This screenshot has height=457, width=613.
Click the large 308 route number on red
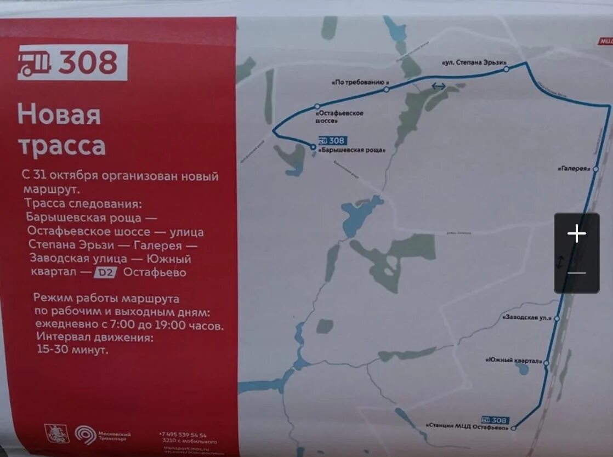(x=88, y=62)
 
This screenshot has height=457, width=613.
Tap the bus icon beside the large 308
(x=35, y=62)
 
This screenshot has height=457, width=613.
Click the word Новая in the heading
(x=59, y=115)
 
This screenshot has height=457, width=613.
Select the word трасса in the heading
(x=61, y=146)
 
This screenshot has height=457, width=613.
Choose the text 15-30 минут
(x=72, y=350)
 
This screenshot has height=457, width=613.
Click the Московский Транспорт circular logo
(x=85, y=435)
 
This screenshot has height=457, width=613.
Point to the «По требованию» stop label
(x=357, y=83)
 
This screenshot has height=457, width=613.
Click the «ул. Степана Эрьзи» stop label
(x=473, y=62)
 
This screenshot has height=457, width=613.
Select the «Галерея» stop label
(x=573, y=168)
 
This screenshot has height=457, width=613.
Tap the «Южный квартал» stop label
(x=514, y=361)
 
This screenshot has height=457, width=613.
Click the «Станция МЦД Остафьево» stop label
(x=467, y=426)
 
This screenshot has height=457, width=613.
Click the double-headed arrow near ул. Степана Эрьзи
(x=439, y=86)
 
